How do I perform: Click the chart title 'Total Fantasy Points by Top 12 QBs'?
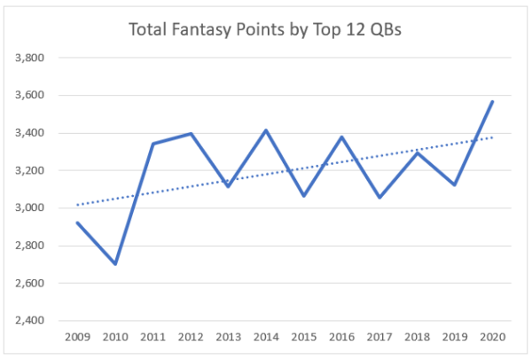267,30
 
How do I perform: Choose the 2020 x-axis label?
492,338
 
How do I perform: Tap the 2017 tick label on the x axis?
379,338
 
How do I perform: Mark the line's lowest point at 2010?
116,264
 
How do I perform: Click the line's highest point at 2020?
492,101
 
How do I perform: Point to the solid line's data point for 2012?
192,134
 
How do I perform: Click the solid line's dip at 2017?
379,198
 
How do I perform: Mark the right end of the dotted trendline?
492,137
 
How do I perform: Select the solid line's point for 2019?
455,184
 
